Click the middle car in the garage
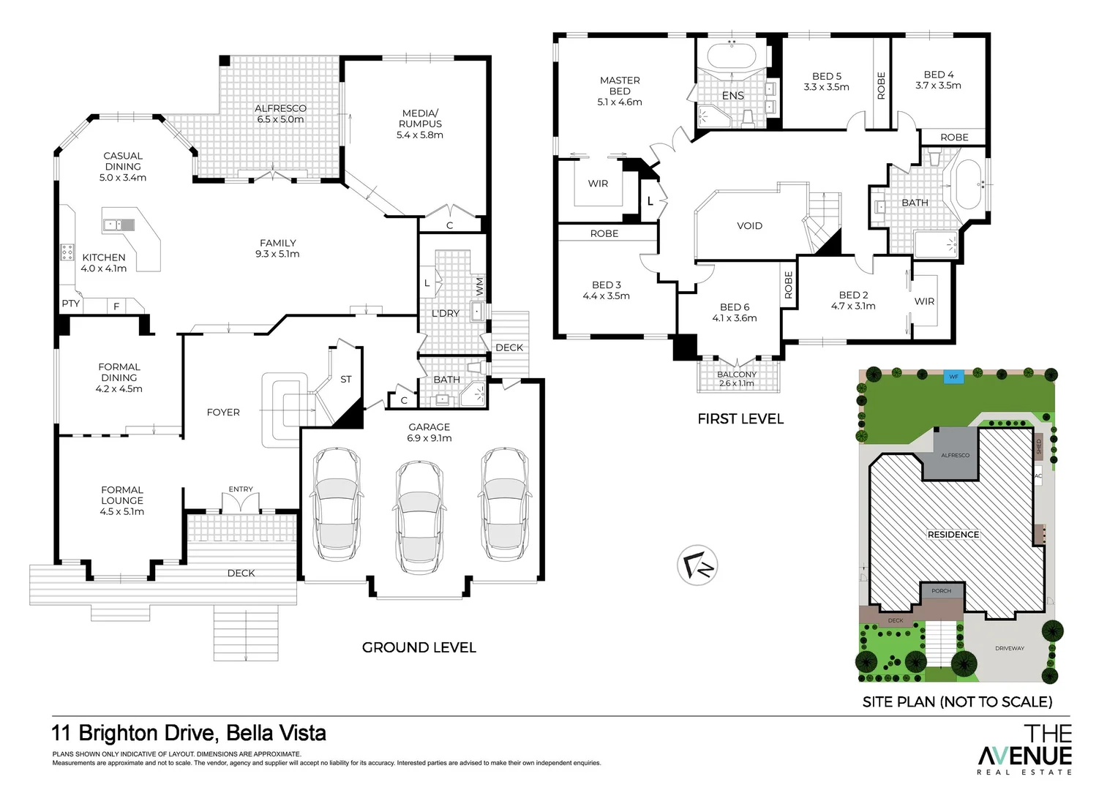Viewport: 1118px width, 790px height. pos(419,518)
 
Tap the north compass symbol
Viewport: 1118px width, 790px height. pos(697,565)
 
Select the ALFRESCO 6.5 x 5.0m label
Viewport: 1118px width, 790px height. pos(280,114)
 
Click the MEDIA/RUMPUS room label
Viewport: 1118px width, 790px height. pos(420,124)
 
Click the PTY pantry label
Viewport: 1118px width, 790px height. pos(70,304)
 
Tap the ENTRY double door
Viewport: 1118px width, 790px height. pos(241,503)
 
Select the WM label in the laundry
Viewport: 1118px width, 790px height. pos(479,286)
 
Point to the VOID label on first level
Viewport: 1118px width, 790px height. pos(749,226)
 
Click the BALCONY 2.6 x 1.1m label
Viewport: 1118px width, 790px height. pos(737,379)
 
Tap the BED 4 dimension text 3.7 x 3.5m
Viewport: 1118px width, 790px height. pos(938,86)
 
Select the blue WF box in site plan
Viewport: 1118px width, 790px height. pos(953,377)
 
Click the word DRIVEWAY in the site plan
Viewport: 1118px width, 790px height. pos(1010,649)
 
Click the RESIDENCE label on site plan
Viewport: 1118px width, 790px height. pos(953,535)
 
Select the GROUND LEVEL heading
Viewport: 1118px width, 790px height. pos(419,647)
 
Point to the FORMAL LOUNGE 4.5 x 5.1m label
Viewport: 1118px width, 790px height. pos(122,501)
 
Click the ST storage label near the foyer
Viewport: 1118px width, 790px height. pos(346,380)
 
